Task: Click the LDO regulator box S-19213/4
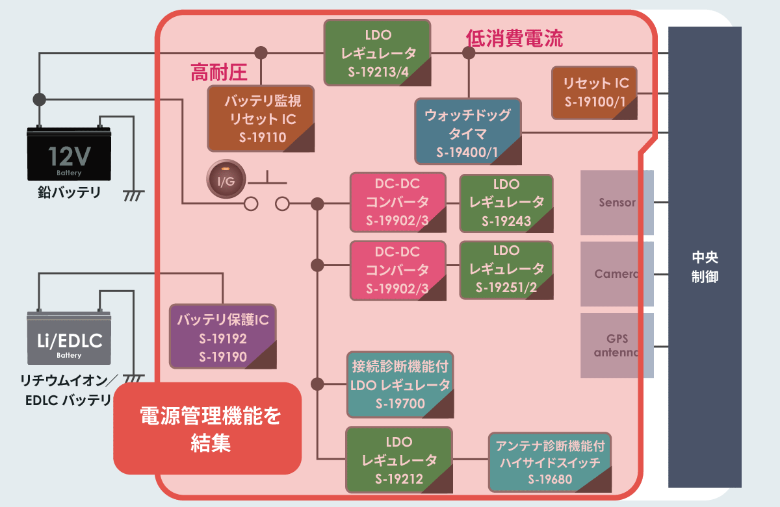coord(378,53)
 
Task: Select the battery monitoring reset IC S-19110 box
coord(261,119)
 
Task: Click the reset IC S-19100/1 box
coord(594,92)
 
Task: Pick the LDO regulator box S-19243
coord(506,203)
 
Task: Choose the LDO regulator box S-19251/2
coord(506,269)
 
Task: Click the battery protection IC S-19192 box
coord(222,338)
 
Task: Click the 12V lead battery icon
coord(68,155)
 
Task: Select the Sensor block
coord(616,203)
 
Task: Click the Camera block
coord(616,274)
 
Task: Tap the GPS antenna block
coord(616,346)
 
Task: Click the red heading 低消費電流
coord(514,38)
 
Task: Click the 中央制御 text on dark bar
coord(705,267)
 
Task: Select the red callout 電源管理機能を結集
coord(207,429)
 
